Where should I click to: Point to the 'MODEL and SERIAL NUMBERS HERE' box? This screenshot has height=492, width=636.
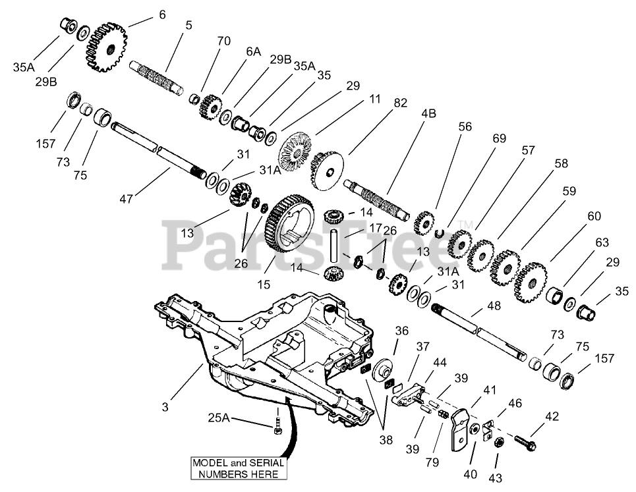[x=238, y=468]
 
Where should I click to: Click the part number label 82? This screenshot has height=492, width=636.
[x=400, y=103]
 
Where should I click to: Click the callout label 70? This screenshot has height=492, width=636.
[x=224, y=41]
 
